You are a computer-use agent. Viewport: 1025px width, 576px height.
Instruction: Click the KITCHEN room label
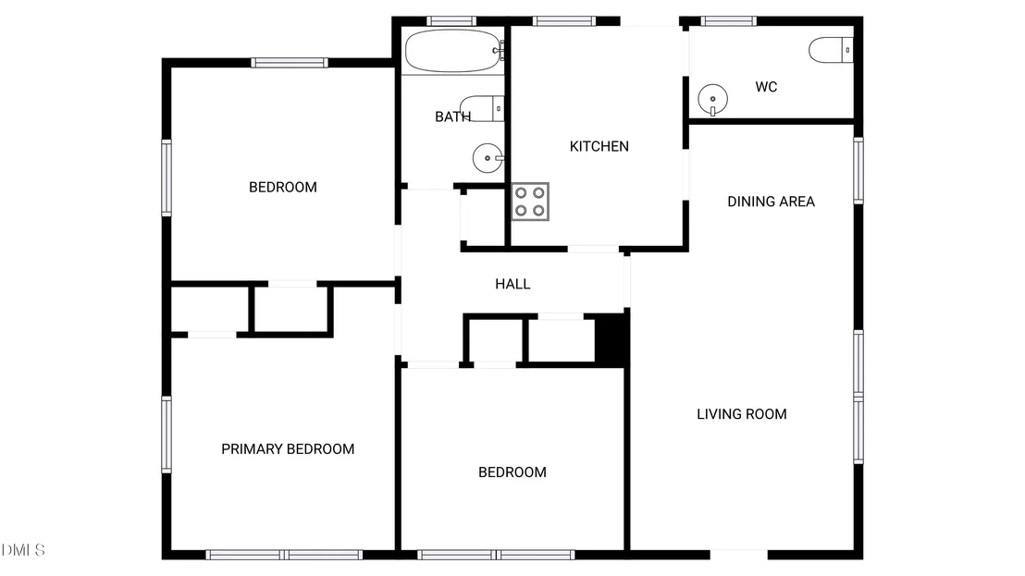[x=599, y=146]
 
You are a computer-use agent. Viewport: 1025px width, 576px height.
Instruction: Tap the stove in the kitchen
[x=530, y=202]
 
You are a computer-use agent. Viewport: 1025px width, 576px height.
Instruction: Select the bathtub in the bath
[x=454, y=51]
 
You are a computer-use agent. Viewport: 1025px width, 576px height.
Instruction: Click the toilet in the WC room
[x=831, y=50]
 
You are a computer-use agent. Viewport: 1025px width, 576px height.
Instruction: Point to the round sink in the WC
[x=712, y=99]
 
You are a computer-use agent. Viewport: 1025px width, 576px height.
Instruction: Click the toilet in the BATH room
[x=482, y=108]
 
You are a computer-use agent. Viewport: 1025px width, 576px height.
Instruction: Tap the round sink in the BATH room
[x=488, y=158]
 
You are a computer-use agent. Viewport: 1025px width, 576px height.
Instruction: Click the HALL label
[x=512, y=284]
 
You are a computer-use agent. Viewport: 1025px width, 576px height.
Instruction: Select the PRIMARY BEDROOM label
[x=288, y=449]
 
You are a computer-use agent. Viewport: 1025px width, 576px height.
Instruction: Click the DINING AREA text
[x=771, y=202]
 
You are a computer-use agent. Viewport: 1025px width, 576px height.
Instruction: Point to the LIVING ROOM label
[x=741, y=414]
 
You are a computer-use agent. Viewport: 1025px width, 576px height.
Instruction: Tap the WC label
[x=766, y=87]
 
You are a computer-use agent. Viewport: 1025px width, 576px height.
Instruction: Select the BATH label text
[x=453, y=116]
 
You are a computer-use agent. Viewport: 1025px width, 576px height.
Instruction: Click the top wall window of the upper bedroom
[x=290, y=63]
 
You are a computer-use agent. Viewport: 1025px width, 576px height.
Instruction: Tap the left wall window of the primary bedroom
[x=167, y=435]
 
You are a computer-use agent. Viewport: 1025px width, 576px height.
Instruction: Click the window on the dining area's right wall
[x=858, y=170]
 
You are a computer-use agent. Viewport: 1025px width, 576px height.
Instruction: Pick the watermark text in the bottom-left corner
[x=23, y=550]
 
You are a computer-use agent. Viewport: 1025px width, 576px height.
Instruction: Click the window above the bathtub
[x=451, y=21]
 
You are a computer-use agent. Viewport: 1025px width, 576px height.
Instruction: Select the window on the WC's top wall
[x=729, y=21]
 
